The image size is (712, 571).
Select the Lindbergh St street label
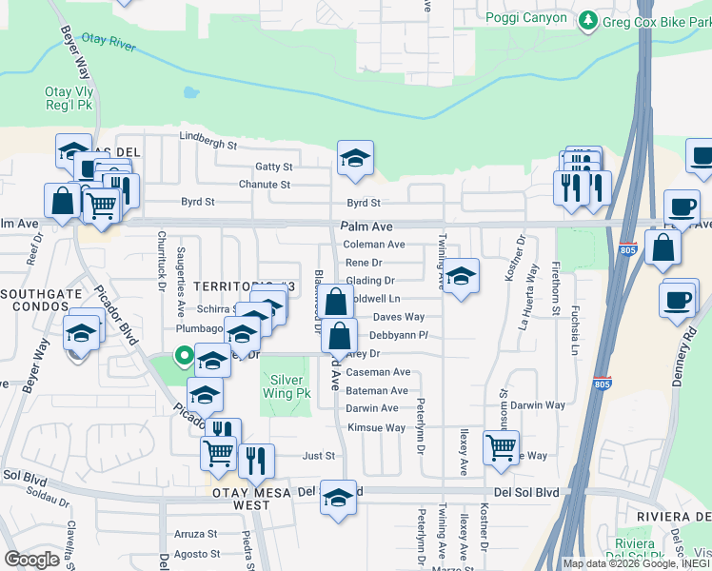coord(207,144)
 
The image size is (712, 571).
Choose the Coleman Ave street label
coord(374,245)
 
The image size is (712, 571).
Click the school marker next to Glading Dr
coord(461,277)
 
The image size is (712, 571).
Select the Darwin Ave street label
coord(371,408)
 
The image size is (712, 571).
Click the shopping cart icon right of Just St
coord(501,447)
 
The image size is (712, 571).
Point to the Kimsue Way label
coord(376,428)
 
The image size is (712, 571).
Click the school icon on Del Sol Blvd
coord(338,499)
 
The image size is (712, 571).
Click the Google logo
coord(31,559)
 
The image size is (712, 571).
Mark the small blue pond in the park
coord(191,94)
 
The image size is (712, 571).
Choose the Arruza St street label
coord(195,534)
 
